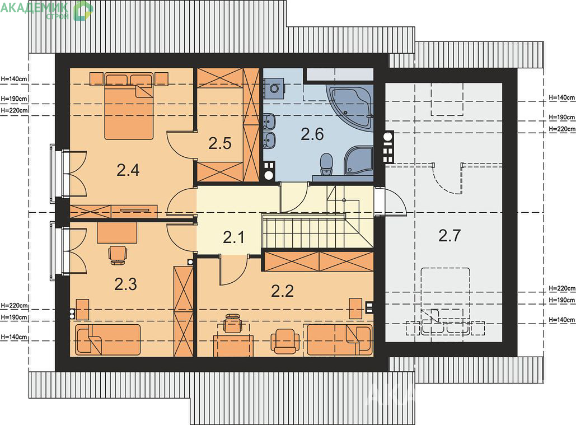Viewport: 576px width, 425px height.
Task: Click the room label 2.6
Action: (x=312, y=134)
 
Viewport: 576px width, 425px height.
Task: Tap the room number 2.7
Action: (x=449, y=236)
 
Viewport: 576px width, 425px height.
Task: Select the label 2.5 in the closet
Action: (x=219, y=143)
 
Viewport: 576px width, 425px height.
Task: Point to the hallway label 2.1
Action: (x=233, y=237)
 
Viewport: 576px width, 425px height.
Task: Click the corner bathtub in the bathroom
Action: (x=351, y=107)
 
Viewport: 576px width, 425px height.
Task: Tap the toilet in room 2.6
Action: (x=326, y=164)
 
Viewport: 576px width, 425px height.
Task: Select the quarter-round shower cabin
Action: (x=358, y=160)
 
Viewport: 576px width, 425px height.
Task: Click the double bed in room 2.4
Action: (x=129, y=105)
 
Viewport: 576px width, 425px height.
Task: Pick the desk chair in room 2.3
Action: (x=118, y=255)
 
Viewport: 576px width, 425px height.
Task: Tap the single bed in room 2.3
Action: (x=107, y=340)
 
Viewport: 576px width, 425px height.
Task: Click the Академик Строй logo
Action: (x=47, y=10)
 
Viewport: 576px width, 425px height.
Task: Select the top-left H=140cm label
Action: (x=15, y=78)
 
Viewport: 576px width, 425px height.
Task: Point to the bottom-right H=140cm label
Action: (x=561, y=320)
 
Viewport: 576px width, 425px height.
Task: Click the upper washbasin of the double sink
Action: (x=270, y=120)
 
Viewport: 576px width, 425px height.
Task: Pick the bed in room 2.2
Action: (x=339, y=340)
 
